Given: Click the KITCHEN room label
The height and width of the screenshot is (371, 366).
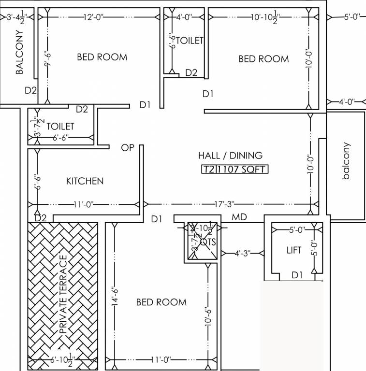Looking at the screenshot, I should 85,181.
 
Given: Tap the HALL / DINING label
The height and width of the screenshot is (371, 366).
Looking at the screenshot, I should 230,156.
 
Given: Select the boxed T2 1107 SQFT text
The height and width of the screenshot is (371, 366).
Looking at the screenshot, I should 234,169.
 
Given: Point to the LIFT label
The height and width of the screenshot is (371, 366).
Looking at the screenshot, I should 293,250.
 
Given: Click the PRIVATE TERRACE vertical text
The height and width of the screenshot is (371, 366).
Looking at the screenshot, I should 62,295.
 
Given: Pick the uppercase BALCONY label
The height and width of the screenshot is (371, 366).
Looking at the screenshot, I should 19,52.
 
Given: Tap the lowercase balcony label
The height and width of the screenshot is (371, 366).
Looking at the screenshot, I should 346,161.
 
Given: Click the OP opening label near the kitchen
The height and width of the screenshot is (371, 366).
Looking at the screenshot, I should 128,148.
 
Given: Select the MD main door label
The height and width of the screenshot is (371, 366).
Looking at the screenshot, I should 239,218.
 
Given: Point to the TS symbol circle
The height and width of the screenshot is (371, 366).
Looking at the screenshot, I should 204,242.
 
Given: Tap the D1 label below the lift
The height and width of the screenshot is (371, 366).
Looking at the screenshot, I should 297,275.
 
